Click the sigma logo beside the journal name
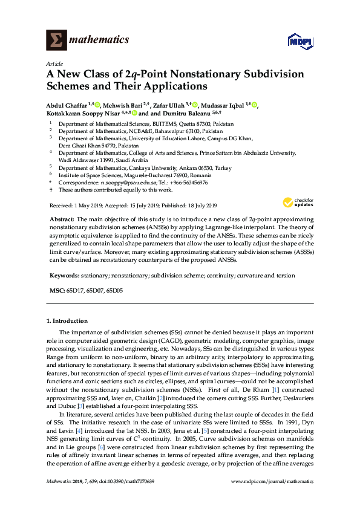(57, 40)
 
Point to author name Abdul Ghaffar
(66, 105)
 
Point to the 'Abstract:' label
(61, 218)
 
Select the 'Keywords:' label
(64, 276)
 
